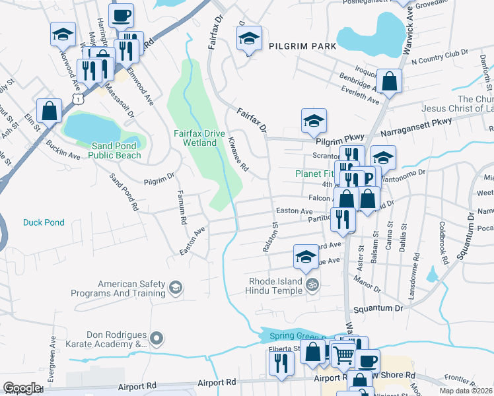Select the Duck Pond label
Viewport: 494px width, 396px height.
click(44, 222)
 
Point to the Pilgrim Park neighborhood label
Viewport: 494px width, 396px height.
click(302, 46)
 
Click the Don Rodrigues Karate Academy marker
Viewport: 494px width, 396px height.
click(157, 339)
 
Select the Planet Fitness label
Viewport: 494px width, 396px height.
click(316, 174)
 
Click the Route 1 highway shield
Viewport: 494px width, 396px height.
click(79, 98)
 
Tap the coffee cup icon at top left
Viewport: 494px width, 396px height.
click(121, 15)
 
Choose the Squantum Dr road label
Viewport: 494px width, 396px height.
click(378, 308)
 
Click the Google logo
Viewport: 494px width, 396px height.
click(22, 388)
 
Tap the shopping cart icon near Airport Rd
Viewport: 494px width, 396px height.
click(341, 355)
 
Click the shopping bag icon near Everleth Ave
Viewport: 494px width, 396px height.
click(390, 81)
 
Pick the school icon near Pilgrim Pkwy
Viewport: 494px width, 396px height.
click(314, 120)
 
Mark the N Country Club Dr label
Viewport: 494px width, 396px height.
click(439, 59)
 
